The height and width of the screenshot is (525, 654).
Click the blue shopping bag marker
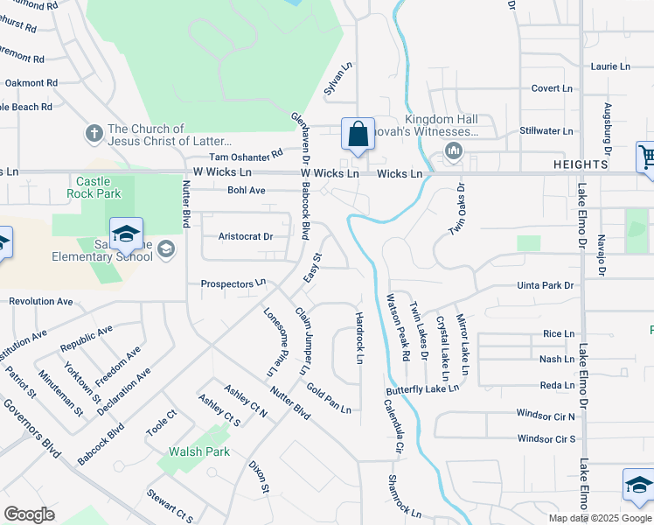358,136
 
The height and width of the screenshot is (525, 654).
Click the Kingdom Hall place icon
453,152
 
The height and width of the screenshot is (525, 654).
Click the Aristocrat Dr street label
246,236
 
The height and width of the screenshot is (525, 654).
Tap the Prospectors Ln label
233,283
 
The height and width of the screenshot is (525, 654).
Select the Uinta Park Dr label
545,285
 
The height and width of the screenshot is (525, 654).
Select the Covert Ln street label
552,88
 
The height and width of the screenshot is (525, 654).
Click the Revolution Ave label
41,301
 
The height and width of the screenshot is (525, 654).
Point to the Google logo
29,514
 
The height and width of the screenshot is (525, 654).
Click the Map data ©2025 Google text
600,518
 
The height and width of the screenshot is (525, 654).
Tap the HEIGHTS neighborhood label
581,164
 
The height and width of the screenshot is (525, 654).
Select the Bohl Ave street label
246,190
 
